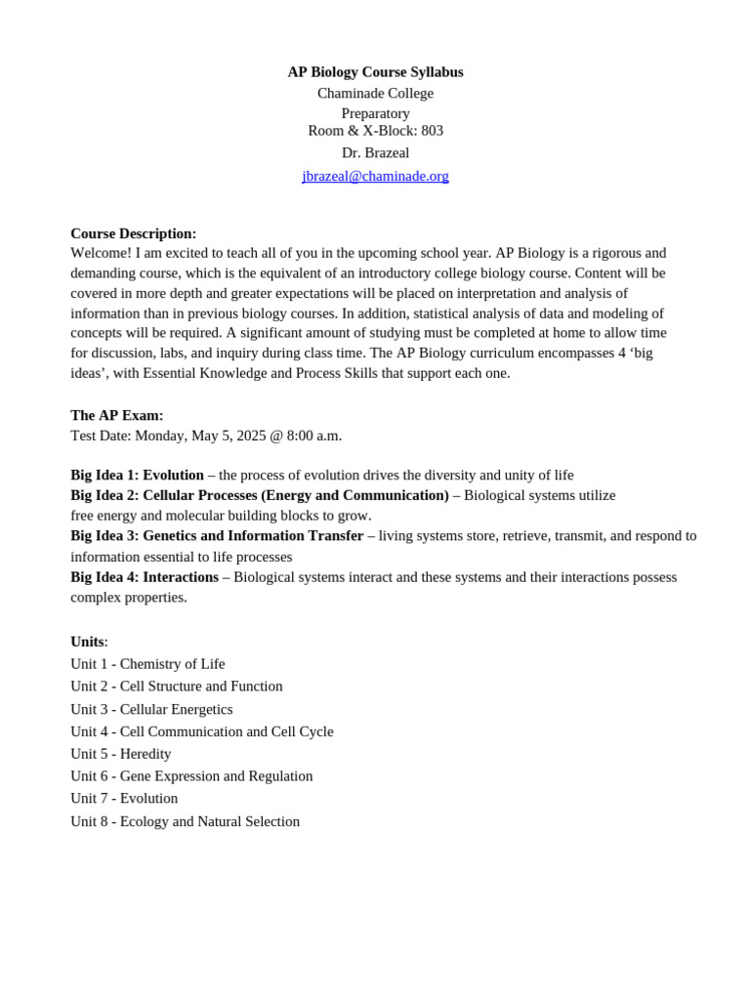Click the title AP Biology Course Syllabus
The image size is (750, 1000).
pyautogui.click(x=375, y=72)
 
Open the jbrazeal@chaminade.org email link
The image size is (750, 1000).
pyautogui.click(x=375, y=176)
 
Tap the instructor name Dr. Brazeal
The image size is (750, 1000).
pyautogui.click(x=375, y=153)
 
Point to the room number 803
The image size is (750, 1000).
pyautogui.click(x=432, y=131)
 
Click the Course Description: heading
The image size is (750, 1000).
pyautogui.click(x=133, y=233)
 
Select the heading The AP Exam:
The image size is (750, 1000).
pyautogui.click(x=116, y=415)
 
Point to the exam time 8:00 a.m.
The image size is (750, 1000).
pyautogui.click(x=313, y=436)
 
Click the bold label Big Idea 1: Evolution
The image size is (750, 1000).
pyautogui.click(x=137, y=475)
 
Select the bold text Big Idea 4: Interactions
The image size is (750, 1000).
pyautogui.click(x=145, y=577)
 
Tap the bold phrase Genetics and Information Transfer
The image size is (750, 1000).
pyautogui.click(x=253, y=535)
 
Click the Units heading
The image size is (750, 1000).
pyautogui.click(x=87, y=642)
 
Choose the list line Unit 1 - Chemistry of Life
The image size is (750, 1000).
pyautogui.click(x=147, y=664)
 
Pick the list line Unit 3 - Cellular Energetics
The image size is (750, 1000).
pyautogui.click(x=151, y=709)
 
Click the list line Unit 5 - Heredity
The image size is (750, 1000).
pyautogui.click(x=120, y=754)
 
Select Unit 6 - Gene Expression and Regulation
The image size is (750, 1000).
pyautogui.click(x=191, y=776)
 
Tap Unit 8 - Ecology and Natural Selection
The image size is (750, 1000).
pyautogui.click(x=185, y=821)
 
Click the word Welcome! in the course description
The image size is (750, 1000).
pyautogui.click(x=101, y=253)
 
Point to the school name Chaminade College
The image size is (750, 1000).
pyautogui.click(x=375, y=93)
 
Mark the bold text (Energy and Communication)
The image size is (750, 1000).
pyautogui.click(x=354, y=495)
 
